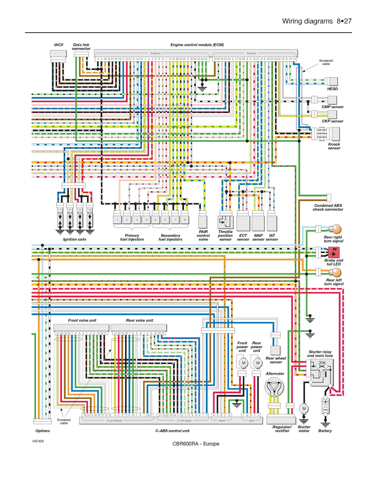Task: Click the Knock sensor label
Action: pyautogui.click(x=334, y=146)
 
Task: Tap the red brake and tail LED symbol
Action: pyautogui.click(x=334, y=252)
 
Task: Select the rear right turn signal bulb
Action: pyautogui.click(x=336, y=229)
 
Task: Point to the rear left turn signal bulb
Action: pyautogui.click(x=336, y=273)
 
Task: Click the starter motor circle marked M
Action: pyautogui.click(x=304, y=408)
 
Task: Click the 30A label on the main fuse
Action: pyautogui.click(x=322, y=363)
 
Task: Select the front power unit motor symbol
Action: pyautogui.click(x=243, y=363)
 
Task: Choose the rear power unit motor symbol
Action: pyautogui.click(x=257, y=363)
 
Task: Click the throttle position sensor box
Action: pyautogui.click(x=225, y=222)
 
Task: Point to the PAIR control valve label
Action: pyautogui.click(x=203, y=235)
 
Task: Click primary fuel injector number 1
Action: pyautogui.click(x=117, y=219)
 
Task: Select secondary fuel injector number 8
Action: pyautogui.click(x=185, y=219)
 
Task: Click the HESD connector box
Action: pyautogui.click(x=333, y=81)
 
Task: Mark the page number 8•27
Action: pyautogui.click(x=344, y=21)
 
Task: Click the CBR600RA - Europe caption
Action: pyautogui.click(x=196, y=444)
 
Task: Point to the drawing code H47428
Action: pyautogui.click(x=38, y=441)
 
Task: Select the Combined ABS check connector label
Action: pyautogui.click(x=328, y=207)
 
